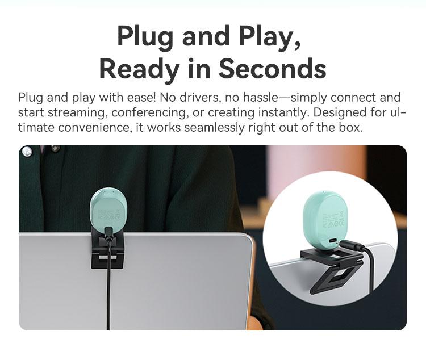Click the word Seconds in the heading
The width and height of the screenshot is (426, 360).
(273, 69)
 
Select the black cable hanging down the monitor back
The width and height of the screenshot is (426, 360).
(108, 295)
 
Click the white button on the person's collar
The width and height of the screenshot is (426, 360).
(26, 151)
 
